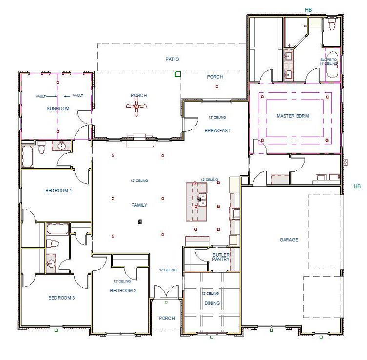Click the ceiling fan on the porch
point(137,106)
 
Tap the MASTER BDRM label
point(293,116)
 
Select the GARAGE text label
point(289,240)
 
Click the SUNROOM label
point(58,108)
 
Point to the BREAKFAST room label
point(217,130)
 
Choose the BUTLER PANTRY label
point(221,258)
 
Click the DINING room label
point(212,303)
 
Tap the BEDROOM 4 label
point(59,190)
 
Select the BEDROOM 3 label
point(61,298)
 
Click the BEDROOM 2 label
point(123,290)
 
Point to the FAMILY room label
point(139,205)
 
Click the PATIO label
point(172,59)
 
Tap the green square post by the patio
point(178,74)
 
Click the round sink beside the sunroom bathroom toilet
point(62,146)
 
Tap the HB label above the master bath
point(308,9)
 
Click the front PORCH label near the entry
point(167,318)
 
